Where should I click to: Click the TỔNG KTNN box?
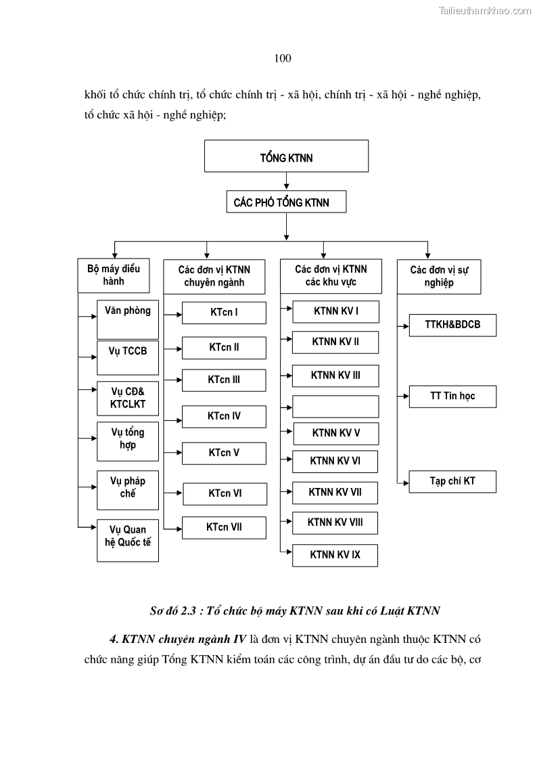click(286, 157)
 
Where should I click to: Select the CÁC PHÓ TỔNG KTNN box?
click(286, 202)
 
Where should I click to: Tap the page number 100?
click(283, 58)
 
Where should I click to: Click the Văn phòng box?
click(128, 319)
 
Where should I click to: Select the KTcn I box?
click(224, 313)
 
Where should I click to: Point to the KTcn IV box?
click(224, 416)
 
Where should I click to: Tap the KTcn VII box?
click(224, 527)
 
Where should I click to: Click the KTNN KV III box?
click(335, 375)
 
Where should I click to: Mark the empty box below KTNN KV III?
click(335, 406)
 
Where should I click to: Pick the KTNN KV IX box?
click(335, 555)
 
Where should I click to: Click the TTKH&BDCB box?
click(452, 325)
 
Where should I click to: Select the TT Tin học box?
click(452, 396)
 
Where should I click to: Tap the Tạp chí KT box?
click(452, 481)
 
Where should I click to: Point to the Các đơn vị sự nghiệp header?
click(439, 276)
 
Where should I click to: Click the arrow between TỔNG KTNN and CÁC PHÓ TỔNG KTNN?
click(287, 181)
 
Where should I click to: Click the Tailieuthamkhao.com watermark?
click(485, 10)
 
